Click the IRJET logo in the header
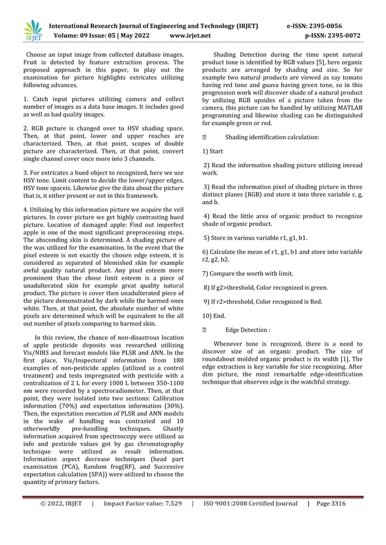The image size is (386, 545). pos(33,30)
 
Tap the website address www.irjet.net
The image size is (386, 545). pos(190,36)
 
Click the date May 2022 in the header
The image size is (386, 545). pos(134,36)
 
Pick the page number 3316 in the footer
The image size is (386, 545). pos(352,503)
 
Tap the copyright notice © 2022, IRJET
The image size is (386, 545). pos(61,503)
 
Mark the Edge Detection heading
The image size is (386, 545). pos(247,330)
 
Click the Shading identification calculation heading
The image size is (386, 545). pos(272,137)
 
